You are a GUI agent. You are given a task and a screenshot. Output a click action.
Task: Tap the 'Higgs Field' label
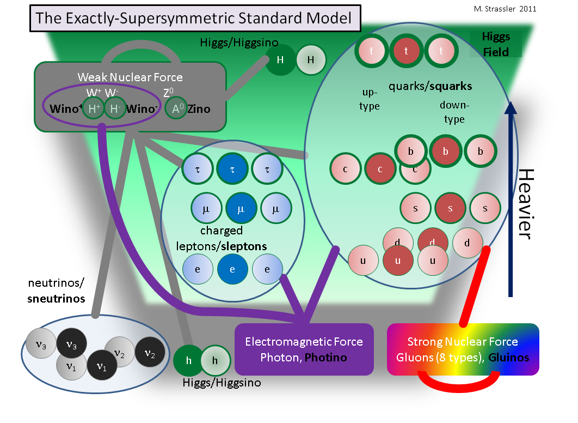[496, 45]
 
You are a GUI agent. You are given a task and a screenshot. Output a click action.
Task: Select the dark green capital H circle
[280, 60]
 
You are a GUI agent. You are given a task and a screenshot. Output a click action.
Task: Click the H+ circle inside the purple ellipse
[93, 109]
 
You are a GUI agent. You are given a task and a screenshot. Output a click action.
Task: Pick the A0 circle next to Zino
[176, 109]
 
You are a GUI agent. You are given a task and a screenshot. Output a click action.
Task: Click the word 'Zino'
[199, 110]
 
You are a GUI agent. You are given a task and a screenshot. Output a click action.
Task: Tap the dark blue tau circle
[232, 170]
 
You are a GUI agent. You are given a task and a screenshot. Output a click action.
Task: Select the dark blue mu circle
[241, 209]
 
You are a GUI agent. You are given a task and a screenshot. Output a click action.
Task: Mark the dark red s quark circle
[450, 208]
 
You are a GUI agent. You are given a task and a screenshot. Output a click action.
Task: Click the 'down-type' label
[454, 112]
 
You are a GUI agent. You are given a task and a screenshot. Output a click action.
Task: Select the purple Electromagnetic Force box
[304, 349]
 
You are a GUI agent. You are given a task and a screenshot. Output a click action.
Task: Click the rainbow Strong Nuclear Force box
[463, 349]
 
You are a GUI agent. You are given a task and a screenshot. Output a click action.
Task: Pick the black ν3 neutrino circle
[72, 345]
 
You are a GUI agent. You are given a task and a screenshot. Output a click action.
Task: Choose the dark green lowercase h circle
[188, 360]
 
